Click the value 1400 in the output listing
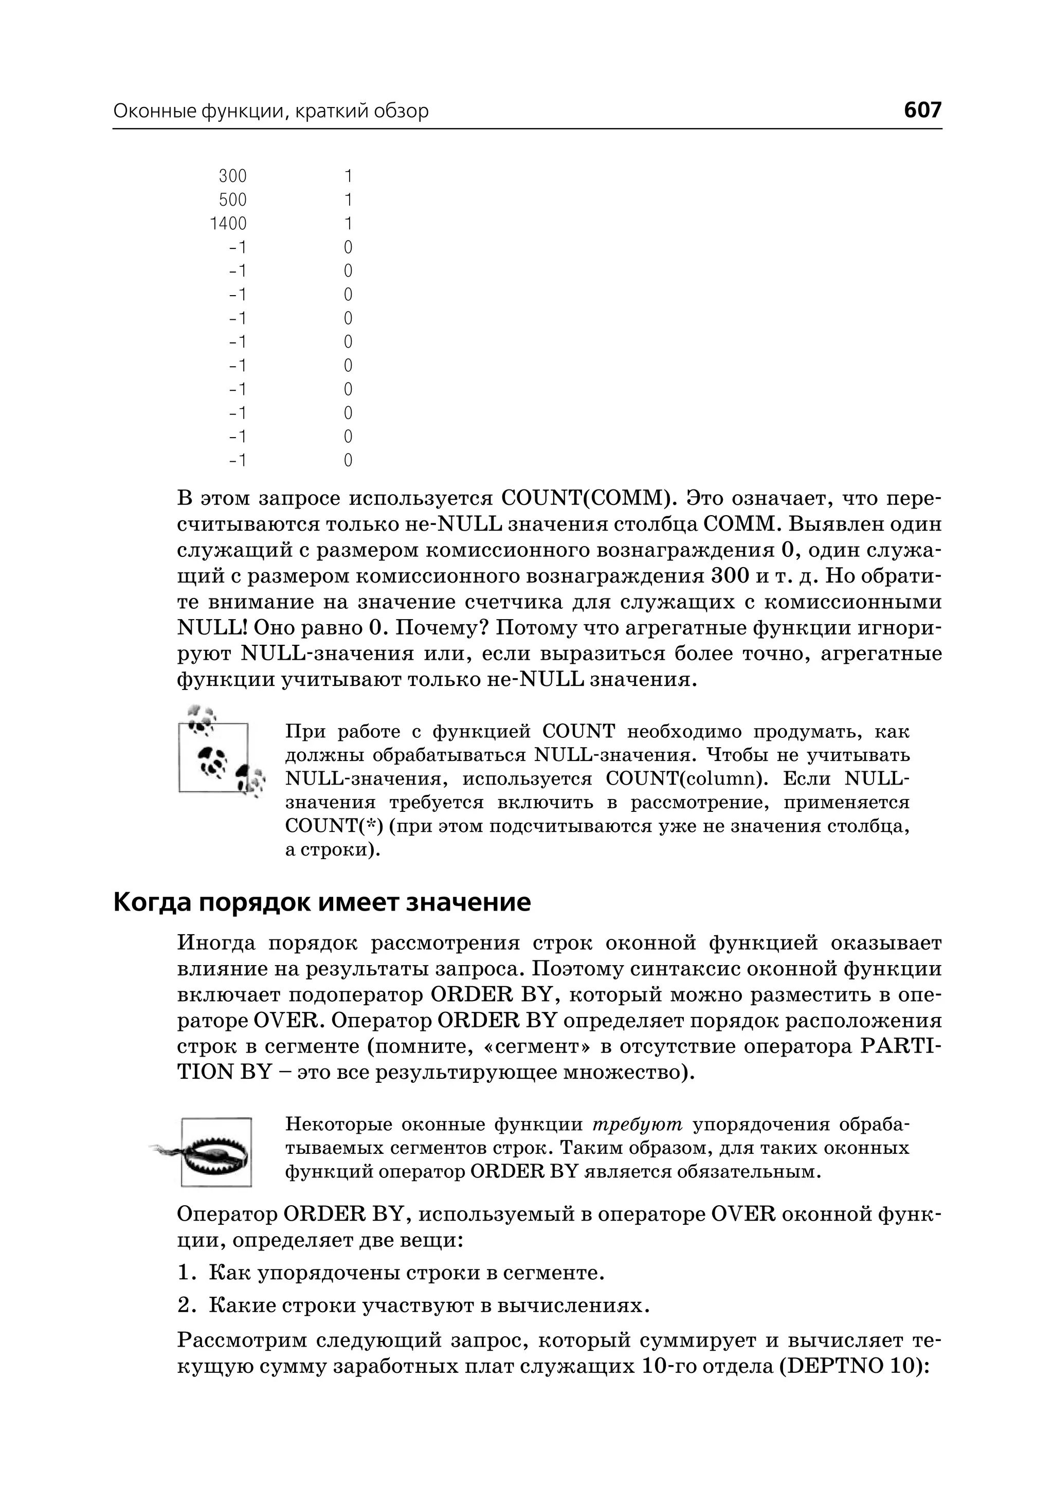point(228,224)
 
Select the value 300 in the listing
point(233,176)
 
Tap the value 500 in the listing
point(233,200)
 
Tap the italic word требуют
point(638,1125)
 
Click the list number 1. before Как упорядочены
point(187,1274)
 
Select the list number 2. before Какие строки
point(187,1305)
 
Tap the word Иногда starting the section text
point(216,943)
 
